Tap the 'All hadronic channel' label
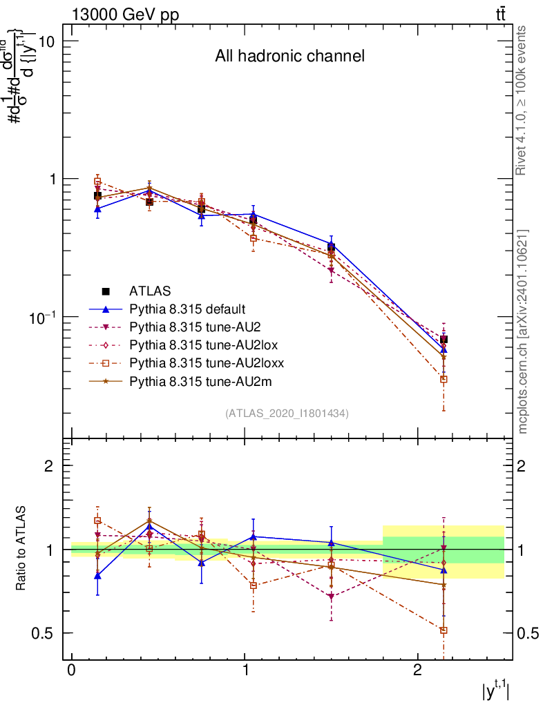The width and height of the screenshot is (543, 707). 289,56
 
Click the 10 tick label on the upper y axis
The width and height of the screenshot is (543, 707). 46,41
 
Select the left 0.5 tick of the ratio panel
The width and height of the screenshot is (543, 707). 47,633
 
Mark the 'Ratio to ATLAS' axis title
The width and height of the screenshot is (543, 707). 22,549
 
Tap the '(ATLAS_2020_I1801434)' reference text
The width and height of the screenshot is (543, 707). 287,414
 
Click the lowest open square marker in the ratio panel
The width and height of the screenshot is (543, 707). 444,630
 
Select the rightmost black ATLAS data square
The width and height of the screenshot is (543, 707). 444,340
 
